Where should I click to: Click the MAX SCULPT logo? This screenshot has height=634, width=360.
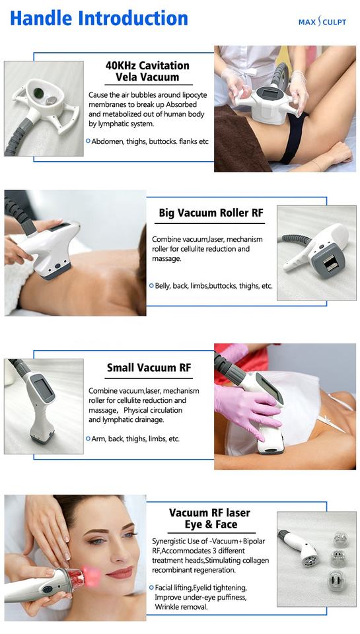[x=322, y=21]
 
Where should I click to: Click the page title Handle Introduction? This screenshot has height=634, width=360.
[x=99, y=18]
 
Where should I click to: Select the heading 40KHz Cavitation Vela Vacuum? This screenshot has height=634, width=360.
[x=147, y=71]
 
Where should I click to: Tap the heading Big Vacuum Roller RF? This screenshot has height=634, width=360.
[x=211, y=213]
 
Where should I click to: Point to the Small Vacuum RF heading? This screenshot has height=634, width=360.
[x=149, y=368]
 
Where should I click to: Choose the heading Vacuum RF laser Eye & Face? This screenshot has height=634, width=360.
[x=209, y=518]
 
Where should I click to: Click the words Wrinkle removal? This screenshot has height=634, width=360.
[x=180, y=607]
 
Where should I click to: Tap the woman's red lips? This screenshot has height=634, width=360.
[x=120, y=573]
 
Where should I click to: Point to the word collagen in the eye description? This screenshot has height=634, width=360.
[x=255, y=561]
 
